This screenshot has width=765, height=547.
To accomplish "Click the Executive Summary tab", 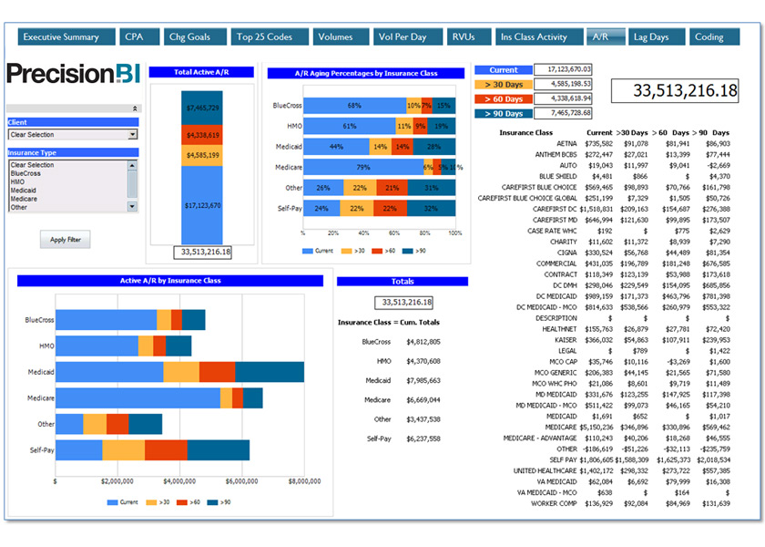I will tap(61, 36).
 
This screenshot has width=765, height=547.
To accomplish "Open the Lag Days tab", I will tap(651, 36).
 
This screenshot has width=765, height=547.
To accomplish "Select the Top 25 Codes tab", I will tap(264, 36).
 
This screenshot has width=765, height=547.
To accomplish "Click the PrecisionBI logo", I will tap(74, 74).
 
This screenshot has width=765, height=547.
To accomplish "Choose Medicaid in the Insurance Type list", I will tap(24, 190).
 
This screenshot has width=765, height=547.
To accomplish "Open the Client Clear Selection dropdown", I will tap(73, 135).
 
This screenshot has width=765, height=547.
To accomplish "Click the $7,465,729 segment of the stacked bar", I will tap(202, 108).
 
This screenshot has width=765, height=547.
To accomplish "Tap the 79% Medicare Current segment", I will tap(362, 167).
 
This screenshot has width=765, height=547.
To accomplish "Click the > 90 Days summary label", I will tap(504, 113).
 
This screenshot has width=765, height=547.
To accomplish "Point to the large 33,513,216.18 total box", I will tap(673, 90).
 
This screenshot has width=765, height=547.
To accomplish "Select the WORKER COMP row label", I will tap(555, 502).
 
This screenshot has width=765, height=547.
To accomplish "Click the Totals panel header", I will tap(402, 282).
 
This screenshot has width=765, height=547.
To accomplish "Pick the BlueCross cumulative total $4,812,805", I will tap(422, 342).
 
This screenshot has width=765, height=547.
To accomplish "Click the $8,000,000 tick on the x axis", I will tap(303, 480).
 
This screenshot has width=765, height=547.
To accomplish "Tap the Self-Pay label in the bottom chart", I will tap(41, 450).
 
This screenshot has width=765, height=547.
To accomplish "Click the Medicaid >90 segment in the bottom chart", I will tap(270, 372).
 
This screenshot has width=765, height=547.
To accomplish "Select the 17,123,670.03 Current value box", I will tap(563, 69).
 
